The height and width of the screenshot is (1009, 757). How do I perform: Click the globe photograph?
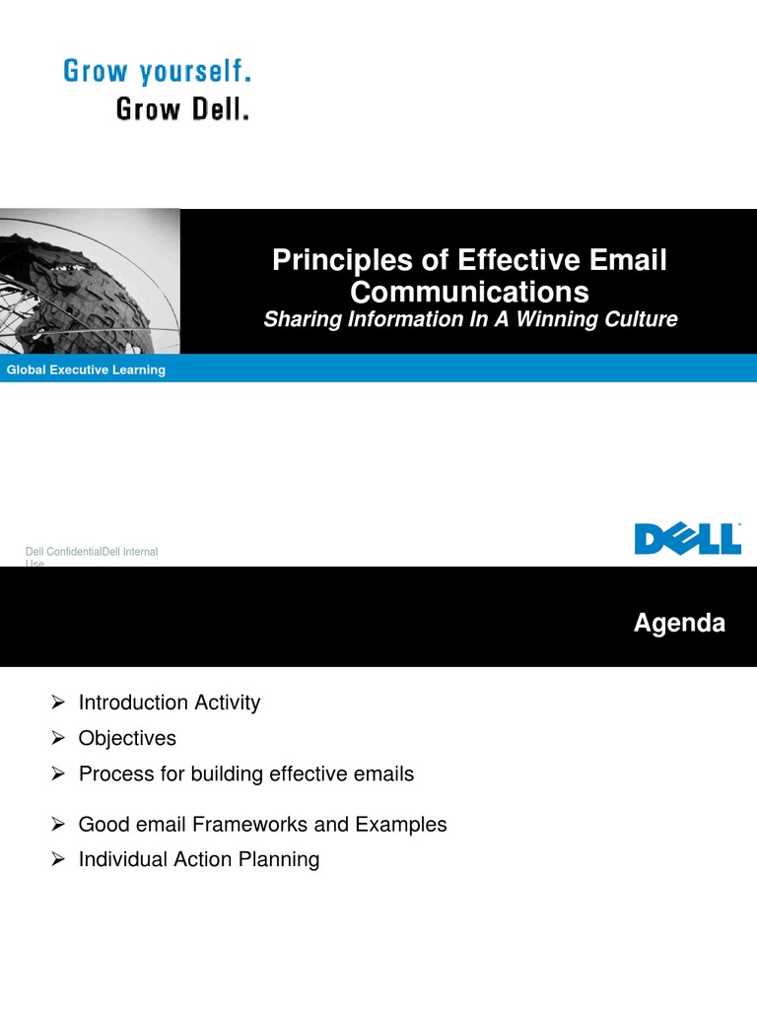pyautogui.click(x=90, y=281)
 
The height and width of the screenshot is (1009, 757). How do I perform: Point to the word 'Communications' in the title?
pyautogui.click(x=469, y=292)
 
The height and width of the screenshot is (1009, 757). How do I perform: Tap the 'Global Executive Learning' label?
pyautogui.click(x=87, y=370)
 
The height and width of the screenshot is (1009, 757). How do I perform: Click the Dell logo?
pyautogui.click(x=687, y=539)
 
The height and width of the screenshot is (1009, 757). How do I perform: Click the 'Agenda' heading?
pyautogui.click(x=679, y=624)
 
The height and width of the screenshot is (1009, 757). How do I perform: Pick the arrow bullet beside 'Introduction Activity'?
pyautogui.click(x=58, y=703)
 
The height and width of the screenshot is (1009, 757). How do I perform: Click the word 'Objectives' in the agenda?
pyautogui.click(x=127, y=738)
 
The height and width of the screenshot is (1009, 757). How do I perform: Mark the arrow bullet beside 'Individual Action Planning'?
pyautogui.click(x=58, y=859)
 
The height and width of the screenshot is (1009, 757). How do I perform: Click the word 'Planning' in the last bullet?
pyautogui.click(x=280, y=860)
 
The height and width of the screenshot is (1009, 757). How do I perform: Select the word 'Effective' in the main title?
pyautogui.click(x=516, y=261)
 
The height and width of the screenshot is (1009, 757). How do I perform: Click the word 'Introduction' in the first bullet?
pyautogui.click(x=134, y=703)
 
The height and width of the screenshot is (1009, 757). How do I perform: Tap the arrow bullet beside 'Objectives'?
pyautogui.click(x=58, y=738)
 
